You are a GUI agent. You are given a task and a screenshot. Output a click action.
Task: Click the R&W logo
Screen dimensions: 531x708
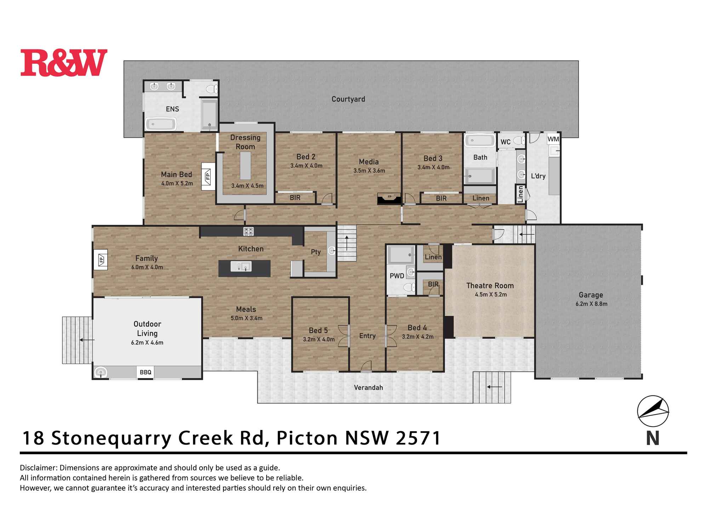point(64,63)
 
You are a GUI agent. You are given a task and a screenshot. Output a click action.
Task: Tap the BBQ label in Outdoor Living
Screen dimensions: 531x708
point(145,372)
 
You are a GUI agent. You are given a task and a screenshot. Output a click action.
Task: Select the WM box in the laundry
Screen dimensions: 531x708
point(553,139)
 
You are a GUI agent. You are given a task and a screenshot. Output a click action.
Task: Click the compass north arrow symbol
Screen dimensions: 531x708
point(653,412)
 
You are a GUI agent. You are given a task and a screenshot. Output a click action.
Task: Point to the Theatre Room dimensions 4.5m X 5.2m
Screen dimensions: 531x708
point(491,295)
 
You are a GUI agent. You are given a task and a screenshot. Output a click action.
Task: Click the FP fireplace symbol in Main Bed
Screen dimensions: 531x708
point(208,176)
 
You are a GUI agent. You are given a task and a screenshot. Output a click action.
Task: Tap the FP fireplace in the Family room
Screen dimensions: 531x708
point(101,260)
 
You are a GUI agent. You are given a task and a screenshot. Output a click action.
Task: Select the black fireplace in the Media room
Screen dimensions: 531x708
point(389,199)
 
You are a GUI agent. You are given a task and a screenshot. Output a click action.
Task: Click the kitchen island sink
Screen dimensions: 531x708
point(241,266)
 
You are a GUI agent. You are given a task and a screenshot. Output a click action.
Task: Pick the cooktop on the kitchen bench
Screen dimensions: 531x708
point(249,232)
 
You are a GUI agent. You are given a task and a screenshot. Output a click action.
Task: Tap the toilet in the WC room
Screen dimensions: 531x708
point(519,141)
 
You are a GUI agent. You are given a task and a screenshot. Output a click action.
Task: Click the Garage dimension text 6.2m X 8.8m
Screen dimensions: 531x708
point(591,304)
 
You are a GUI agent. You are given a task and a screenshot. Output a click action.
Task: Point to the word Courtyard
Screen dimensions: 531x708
point(348,99)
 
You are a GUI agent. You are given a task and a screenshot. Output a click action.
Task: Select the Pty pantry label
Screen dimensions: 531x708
point(315,252)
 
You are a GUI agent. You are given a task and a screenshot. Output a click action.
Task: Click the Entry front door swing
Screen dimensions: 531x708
point(366,367)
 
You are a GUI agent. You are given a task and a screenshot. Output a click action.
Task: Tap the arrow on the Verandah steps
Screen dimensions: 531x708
point(495,387)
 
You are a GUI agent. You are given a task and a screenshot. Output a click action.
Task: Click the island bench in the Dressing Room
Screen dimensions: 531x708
point(245,166)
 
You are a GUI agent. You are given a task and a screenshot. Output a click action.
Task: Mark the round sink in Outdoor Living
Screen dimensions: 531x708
point(101,372)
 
